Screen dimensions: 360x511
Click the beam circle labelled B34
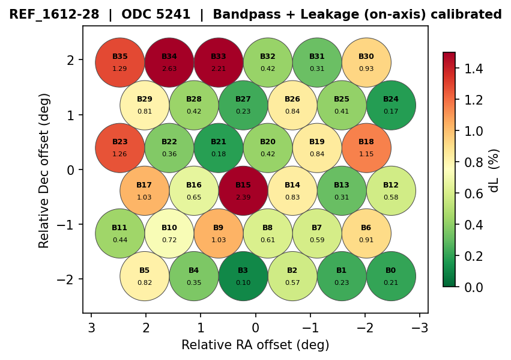(x=169, y=63)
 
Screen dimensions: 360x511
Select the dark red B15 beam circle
(x=243, y=191)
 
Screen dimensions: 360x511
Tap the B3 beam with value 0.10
(x=243, y=276)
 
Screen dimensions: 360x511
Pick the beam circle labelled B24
(x=391, y=105)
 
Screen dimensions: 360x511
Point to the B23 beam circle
(x=120, y=148)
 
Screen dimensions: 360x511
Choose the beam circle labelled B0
(x=391, y=276)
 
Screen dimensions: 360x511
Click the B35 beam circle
(x=120, y=63)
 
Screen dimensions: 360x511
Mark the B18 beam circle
(x=366, y=148)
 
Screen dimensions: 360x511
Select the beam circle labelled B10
(x=169, y=234)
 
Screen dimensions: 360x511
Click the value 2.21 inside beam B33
(x=219, y=69)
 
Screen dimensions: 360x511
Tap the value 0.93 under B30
(x=366, y=69)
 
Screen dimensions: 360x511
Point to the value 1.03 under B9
(x=219, y=240)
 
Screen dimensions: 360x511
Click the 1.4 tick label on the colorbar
(x=468, y=69)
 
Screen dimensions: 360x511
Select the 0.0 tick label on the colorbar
(x=468, y=287)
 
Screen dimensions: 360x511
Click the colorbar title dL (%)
(x=494, y=170)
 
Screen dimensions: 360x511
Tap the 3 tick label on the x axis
(x=91, y=328)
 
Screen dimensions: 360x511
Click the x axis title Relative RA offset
(x=255, y=345)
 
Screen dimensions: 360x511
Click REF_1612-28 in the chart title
(x=53, y=14)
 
